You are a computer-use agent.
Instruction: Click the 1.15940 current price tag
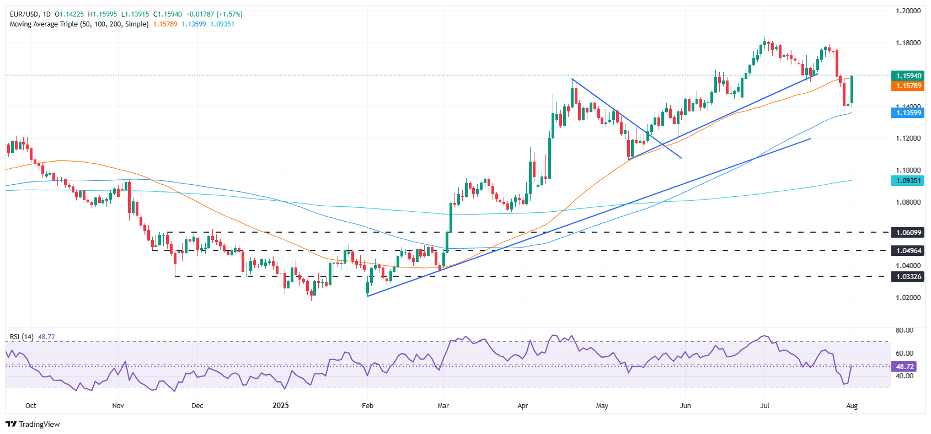tap(908, 76)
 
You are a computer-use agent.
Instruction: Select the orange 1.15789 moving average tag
tap(908, 86)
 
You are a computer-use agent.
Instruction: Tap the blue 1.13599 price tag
tap(908, 112)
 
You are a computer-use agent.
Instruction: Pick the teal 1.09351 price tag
tap(908, 181)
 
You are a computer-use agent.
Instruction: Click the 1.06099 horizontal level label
tap(908, 233)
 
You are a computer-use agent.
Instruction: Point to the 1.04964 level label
tap(908, 250)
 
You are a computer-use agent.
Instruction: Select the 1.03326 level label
tap(908, 276)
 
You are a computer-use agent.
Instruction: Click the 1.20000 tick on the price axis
tap(908, 11)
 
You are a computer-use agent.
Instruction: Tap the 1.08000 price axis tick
tap(908, 202)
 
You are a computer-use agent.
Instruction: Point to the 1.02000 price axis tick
tap(908, 297)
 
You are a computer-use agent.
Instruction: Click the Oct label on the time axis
tap(31, 406)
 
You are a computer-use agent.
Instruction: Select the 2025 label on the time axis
tap(281, 406)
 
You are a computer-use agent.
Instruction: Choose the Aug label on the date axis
tap(852, 406)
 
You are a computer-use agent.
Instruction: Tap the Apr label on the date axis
tap(522, 406)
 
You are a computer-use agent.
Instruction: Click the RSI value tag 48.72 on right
tap(905, 366)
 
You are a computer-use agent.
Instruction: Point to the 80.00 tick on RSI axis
tap(905, 330)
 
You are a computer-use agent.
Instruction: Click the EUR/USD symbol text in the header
tap(24, 14)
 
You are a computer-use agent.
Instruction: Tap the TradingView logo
tap(33, 424)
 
